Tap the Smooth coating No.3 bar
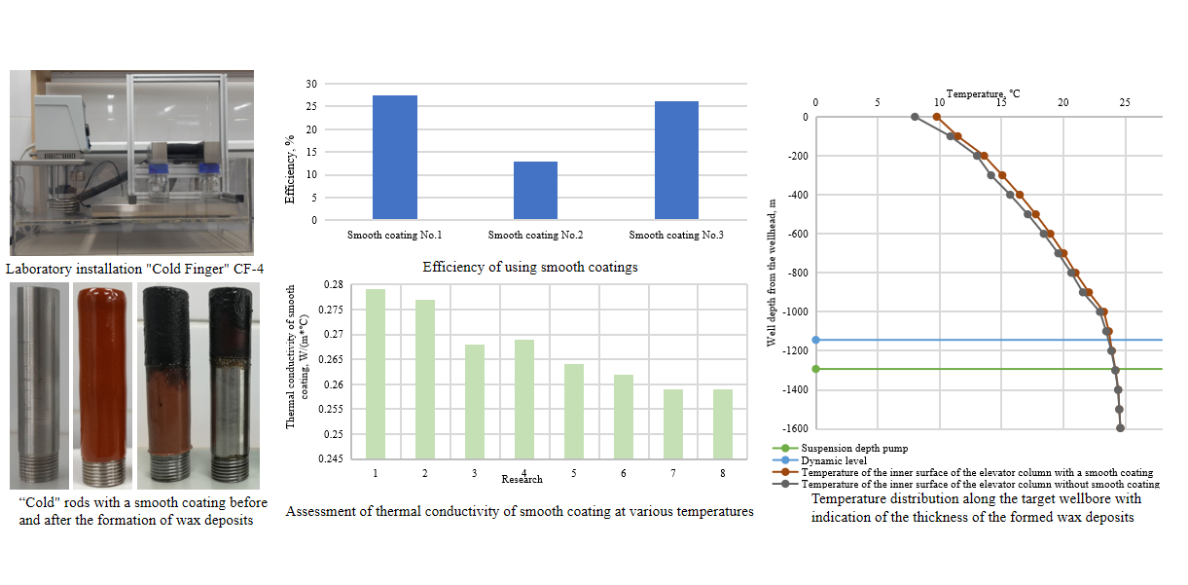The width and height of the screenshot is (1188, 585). pos(676,161)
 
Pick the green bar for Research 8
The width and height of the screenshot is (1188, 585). pos(723,423)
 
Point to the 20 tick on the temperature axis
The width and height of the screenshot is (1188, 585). pos(1063,103)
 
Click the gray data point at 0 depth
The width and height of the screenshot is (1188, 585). pos(915,117)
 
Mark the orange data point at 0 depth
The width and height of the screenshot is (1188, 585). pos(937,117)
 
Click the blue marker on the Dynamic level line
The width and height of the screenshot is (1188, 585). pos(815,340)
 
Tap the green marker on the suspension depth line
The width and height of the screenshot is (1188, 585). pos(815,369)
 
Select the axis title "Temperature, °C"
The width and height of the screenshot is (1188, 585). pos(983,93)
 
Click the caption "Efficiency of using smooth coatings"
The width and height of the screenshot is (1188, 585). pos(530,267)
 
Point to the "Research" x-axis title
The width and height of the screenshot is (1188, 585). pos(522,479)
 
